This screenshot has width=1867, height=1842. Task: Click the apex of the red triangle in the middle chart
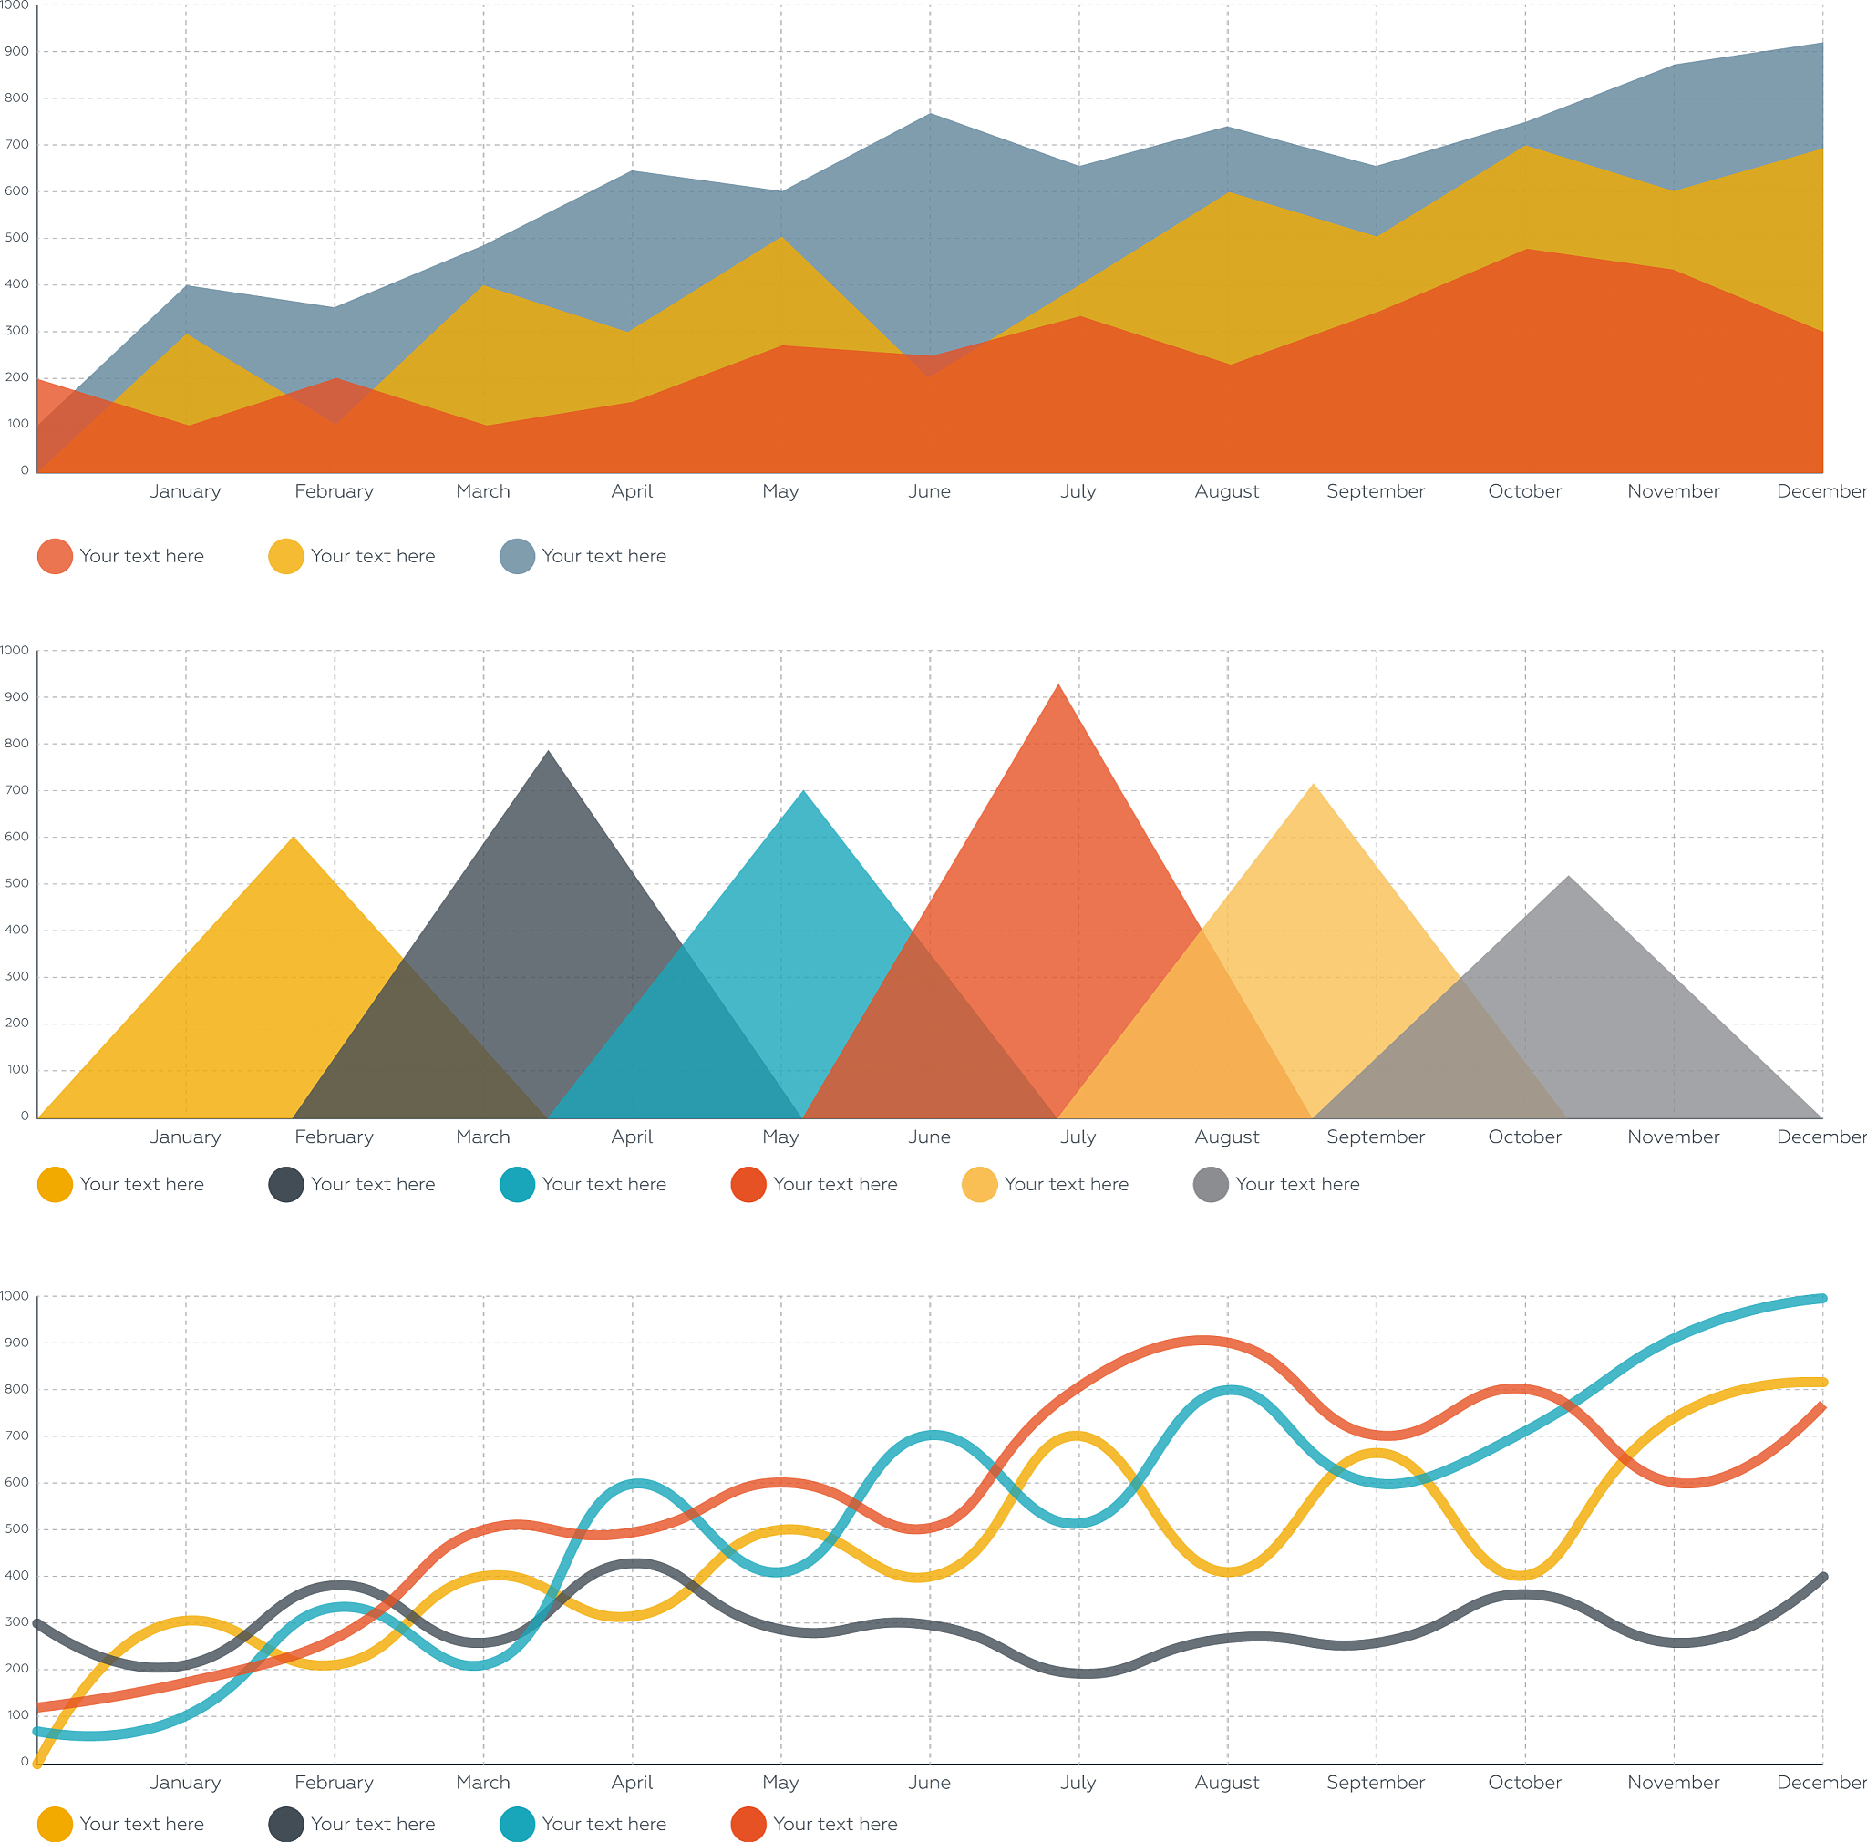1058,685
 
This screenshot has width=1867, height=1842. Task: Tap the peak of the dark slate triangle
548,752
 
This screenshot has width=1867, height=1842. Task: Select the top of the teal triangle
803,792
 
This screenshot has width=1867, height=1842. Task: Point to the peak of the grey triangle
1567,877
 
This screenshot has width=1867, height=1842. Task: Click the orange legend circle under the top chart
55,556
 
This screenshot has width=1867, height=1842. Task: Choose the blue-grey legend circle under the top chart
517,556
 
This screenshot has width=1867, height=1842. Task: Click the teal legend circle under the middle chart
517,1184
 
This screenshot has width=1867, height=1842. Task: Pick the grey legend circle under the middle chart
1210,1184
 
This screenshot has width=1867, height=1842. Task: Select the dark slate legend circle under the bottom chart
286,1824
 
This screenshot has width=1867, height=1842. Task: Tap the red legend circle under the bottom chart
748,1824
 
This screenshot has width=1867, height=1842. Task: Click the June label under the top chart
929,491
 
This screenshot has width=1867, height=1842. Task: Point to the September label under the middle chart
1375,1137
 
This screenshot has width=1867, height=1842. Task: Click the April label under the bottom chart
632,1782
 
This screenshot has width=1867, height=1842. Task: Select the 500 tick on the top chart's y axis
16,238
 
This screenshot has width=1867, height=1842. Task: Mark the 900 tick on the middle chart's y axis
16,697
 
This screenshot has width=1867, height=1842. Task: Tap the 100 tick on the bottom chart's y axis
17,1714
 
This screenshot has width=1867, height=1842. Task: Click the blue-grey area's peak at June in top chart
930,115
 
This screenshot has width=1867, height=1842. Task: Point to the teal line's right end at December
1821,1298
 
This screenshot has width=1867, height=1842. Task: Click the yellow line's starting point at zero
37,1763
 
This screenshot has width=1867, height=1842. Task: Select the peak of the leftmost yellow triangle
294,838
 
